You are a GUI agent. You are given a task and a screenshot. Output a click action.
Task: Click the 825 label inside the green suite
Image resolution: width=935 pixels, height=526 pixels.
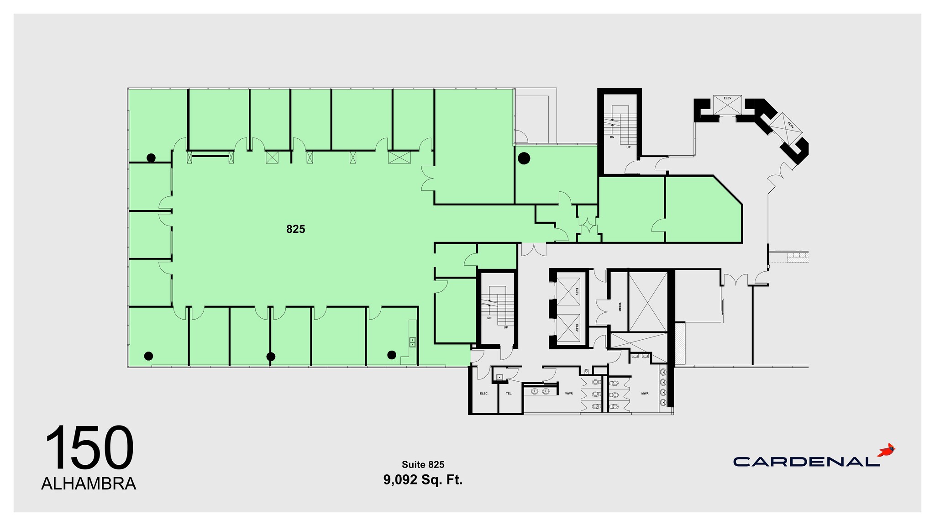(295, 229)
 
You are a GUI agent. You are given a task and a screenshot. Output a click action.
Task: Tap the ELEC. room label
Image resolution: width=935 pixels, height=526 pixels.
(484, 393)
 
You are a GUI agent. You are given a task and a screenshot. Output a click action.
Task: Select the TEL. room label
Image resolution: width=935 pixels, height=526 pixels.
(509, 393)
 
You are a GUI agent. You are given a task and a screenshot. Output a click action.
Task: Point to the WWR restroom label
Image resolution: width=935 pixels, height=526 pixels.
(568, 393)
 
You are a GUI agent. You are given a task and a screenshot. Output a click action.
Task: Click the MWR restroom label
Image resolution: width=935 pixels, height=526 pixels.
(645, 393)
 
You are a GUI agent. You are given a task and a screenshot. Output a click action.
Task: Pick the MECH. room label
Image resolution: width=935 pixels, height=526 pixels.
(620, 306)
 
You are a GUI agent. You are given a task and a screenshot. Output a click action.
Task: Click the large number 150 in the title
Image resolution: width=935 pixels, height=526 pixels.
(89, 448)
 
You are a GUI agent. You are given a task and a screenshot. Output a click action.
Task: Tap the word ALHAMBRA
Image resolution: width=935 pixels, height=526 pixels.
(89, 484)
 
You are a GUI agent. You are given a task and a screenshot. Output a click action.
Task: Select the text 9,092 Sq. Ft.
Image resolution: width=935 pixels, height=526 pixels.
(423, 480)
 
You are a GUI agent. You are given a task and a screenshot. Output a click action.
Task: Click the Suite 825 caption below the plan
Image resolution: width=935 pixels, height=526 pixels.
(423, 464)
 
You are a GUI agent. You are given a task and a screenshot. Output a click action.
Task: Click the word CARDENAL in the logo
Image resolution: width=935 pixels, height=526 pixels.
(806, 462)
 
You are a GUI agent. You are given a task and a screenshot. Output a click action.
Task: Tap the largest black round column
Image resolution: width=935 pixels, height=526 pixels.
(524, 158)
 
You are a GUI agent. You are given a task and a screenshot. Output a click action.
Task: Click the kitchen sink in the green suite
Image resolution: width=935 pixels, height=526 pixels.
(412, 342)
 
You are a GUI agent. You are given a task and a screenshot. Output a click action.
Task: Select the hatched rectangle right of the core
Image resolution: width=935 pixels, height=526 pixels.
(680, 343)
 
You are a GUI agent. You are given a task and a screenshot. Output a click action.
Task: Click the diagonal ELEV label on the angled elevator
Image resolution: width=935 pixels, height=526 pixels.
(790, 124)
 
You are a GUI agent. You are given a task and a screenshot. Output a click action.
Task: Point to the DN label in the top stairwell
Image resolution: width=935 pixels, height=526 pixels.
(612, 137)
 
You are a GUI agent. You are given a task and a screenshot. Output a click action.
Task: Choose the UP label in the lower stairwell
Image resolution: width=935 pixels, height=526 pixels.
(505, 327)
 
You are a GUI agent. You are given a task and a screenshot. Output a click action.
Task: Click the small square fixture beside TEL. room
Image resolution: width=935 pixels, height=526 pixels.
(499, 378)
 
